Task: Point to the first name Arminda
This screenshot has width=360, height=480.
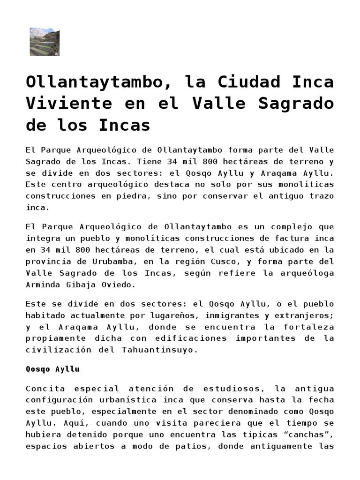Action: tap(44, 284)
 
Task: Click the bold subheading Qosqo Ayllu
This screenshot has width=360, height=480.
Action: tap(52, 369)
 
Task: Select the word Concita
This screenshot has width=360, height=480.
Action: tap(44, 389)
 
